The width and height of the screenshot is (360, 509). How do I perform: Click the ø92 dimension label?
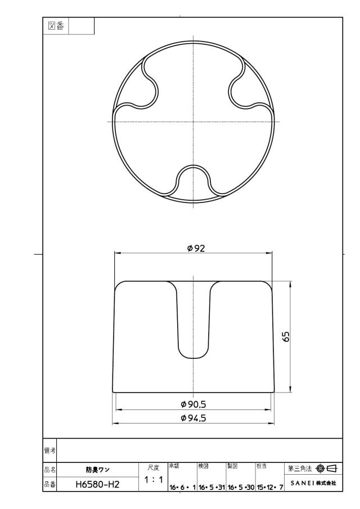point(196,249)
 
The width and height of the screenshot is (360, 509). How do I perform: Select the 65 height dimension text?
point(286,337)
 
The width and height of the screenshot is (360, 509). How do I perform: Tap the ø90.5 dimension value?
point(193,404)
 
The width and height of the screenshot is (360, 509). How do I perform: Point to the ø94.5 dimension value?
point(193,418)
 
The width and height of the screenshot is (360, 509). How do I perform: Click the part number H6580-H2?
point(97,485)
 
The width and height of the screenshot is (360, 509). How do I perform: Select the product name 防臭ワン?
point(98,470)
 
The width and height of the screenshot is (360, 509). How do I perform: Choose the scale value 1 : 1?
point(153,480)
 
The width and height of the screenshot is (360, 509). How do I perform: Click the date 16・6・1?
point(182,487)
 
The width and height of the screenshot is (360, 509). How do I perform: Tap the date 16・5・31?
point(211,487)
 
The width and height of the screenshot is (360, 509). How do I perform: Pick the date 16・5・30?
point(241,487)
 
